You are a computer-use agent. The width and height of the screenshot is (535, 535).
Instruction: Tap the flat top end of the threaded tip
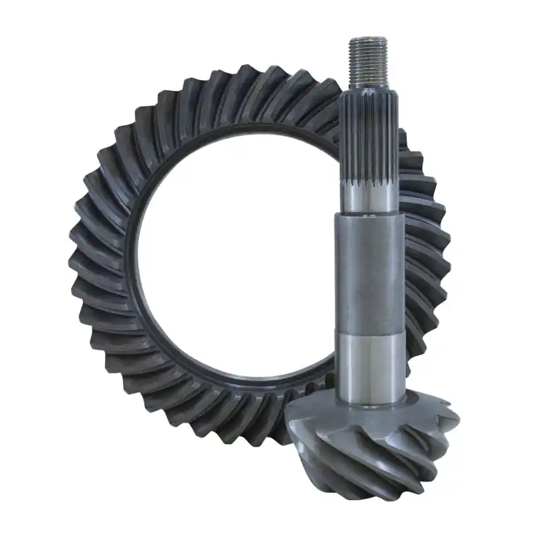[367, 39]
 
